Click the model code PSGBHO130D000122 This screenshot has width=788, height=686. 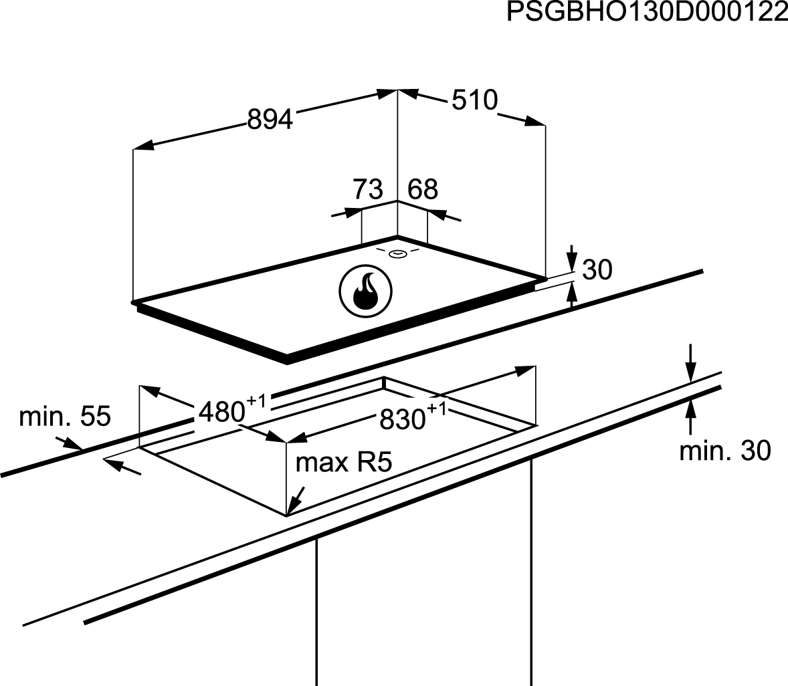647,12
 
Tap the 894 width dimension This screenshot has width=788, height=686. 270,120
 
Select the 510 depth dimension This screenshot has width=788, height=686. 474,100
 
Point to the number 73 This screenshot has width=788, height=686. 368,189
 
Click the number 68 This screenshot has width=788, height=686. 423,189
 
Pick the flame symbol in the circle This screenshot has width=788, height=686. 365,292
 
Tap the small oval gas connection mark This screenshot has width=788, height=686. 397,254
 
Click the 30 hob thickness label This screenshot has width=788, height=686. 597,269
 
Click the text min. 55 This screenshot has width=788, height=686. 65,417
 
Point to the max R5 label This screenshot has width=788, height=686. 343,462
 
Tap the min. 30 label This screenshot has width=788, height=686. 724,451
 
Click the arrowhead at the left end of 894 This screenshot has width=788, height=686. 142,146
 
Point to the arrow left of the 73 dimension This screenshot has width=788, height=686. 347,213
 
